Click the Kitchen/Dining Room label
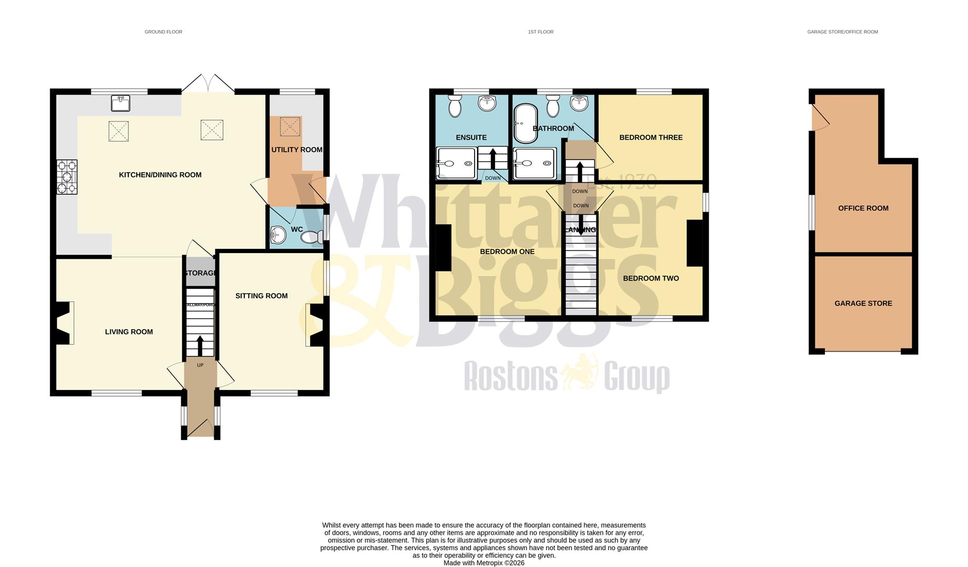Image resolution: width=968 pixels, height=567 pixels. click(x=160, y=175)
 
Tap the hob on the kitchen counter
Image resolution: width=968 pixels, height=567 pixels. click(x=67, y=177)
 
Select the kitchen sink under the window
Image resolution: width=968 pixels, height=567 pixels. click(x=120, y=103)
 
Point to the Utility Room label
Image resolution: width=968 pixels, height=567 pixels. click(x=296, y=150)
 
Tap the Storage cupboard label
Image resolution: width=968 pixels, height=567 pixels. click(x=200, y=273)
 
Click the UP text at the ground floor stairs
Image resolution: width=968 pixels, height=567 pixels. click(x=200, y=365)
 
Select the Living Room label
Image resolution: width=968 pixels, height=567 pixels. click(x=129, y=332)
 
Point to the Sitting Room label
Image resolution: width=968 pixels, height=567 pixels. click(x=261, y=296)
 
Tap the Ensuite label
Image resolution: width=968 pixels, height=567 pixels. click(x=471, y=138)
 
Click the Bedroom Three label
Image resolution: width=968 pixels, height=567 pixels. click(x=651, y=138)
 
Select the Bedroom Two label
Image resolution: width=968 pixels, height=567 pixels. click(x=651, y=278)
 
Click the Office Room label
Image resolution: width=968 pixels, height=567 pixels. click(x=863, y=208)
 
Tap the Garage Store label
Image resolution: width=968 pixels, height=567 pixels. click(x=863, y=303)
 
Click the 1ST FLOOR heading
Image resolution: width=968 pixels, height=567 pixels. click(x=540, y=32)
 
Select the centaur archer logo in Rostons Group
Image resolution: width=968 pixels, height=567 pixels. click(x=580, y=372)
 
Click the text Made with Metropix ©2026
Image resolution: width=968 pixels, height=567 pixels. click(x=483, y=563)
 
